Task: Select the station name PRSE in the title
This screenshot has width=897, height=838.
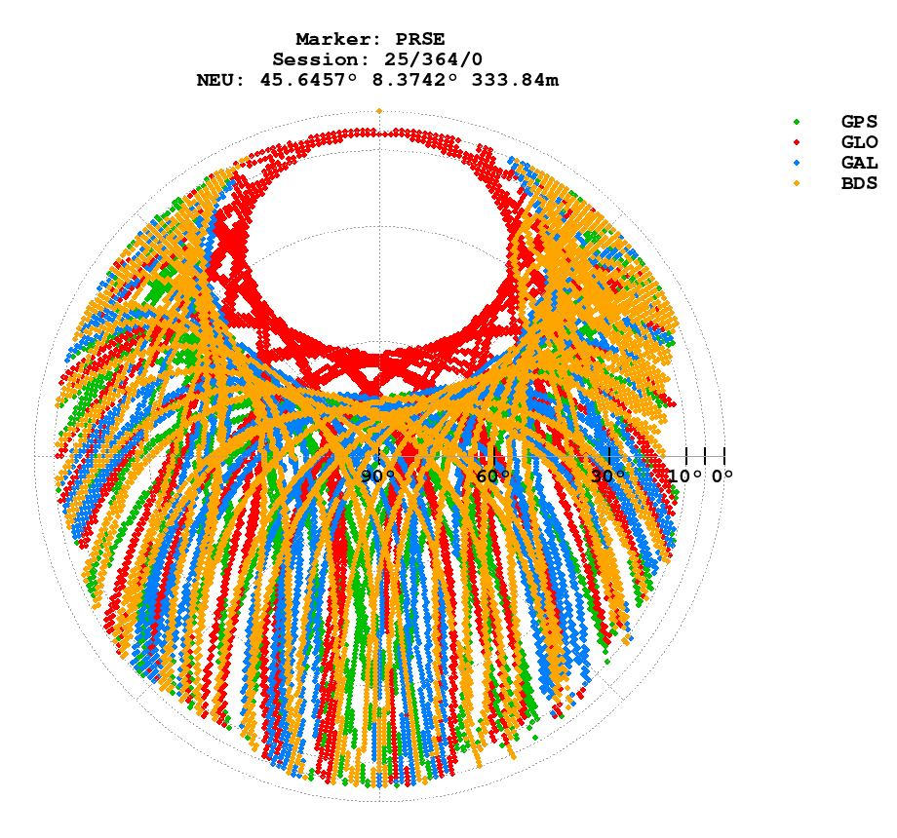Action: click(x=420, y=40)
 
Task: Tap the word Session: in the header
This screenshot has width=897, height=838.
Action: click(x=314, y=60)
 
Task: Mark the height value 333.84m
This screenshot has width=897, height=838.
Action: click(x=515, y=81)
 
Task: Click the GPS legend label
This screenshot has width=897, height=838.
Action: click(x=859, y=122)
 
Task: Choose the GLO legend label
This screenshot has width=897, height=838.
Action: click(x=859, y=142)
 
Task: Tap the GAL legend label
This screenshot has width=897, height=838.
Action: click(x=859, y=163)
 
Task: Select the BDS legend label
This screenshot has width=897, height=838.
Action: click(x=859, y=183)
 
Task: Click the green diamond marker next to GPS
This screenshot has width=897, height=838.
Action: click(x=797, y=122)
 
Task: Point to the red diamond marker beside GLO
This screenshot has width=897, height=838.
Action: click(x=797, y=142)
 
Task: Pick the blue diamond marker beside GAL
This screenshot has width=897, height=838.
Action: click(x=797, y=163)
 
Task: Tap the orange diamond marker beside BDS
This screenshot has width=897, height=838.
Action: click(x=797, y=183)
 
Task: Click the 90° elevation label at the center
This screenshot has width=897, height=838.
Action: click(x=378, y=476)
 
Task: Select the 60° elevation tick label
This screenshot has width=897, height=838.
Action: click(x=493, y=476)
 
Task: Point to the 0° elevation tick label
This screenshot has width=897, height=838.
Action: click(x=721, y=476)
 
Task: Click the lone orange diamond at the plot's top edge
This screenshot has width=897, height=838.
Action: click(x=378, y=111)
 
